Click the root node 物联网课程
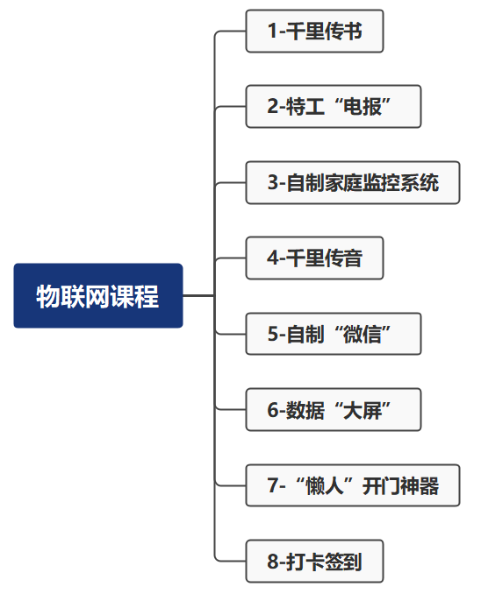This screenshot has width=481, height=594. click(x=98, y=295)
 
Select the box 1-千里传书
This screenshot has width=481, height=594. click(x=315, y=31)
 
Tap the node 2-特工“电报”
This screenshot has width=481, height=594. click(x=334, y=107)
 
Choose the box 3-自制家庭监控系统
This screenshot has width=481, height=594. click(x=353, y=182)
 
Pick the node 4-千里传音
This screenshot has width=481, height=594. click(x=315, y=258)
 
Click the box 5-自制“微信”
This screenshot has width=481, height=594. click(x=334, y=334)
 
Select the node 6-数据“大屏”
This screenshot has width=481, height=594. click(x=334, y=409)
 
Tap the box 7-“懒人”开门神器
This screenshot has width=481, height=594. click(x=353, y=485)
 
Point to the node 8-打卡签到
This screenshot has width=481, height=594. click(x=315, y=561)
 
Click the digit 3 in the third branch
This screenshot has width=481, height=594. click(x=273, y=182)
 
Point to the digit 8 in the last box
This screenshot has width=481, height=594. click(x=273, y=562)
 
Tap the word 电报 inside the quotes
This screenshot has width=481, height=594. click(x=363, y=107)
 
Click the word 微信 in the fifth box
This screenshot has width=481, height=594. click(x=363, y=334)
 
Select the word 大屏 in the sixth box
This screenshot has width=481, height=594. click(x=363, y=409)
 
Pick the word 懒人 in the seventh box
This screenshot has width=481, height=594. click(x=324, y=485)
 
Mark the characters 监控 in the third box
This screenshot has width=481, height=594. click(x=381, y=182)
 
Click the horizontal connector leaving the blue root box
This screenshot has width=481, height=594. click(x=198, y=295)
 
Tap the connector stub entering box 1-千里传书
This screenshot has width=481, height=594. click(x=231, y=32)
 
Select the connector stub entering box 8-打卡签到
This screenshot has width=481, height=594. click(x=231, y=561)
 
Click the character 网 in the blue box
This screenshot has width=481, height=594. click(x=97, y=296)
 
